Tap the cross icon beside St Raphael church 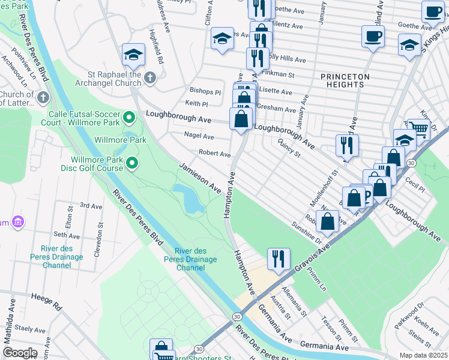150,77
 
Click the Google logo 19,353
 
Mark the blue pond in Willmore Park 189,199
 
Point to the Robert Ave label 215,154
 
